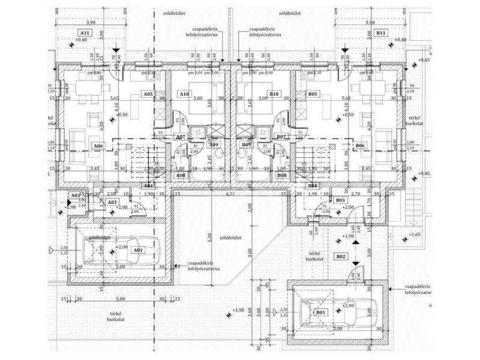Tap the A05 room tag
[148, 94]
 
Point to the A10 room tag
[184, 94]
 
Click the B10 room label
[274, 94]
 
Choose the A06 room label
[98, 145]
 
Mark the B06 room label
[359, 145]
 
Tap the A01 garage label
[138, 250]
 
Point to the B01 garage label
[320, 312]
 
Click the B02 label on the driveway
[341, 256]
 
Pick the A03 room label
[112, 202]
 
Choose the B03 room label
[340, 200]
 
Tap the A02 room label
[76, 196]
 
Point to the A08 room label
[180, 175]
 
